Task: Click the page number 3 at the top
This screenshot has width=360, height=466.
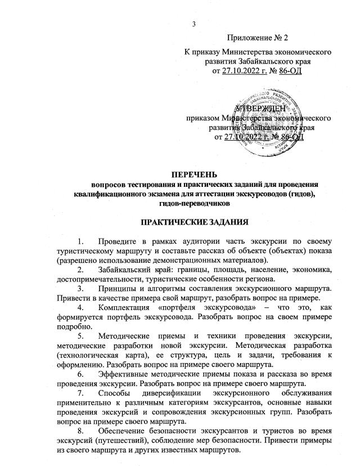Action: click(x=193, y=24)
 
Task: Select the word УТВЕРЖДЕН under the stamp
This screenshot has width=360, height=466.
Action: click(x=257, y=108)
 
